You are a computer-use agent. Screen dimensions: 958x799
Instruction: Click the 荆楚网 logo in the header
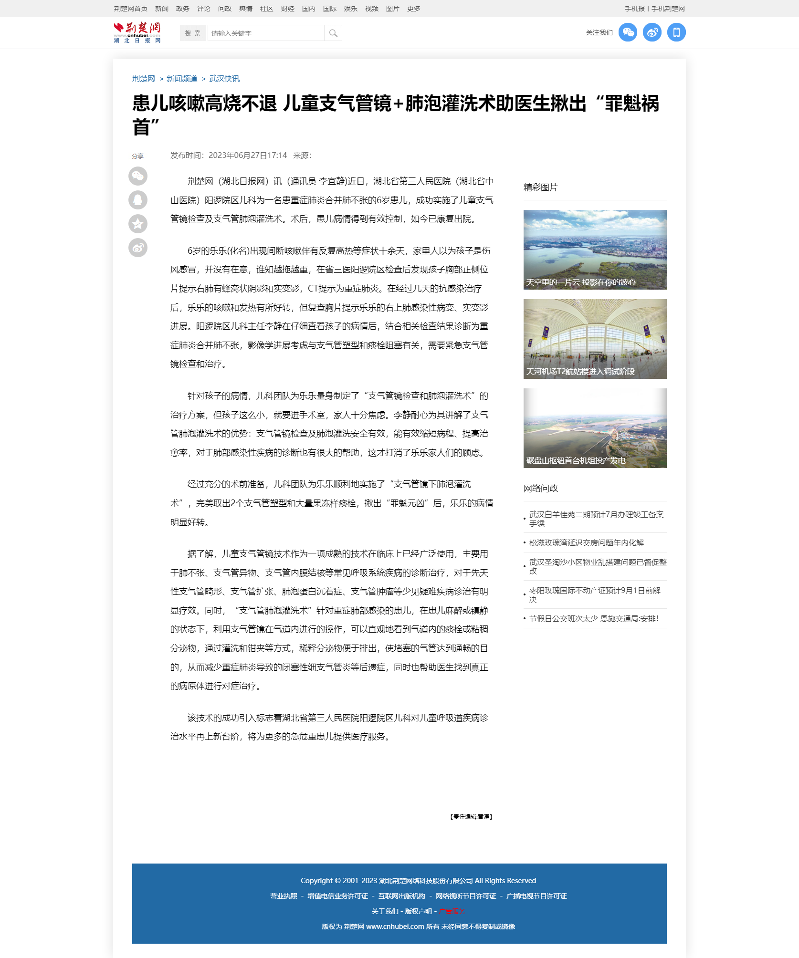137,32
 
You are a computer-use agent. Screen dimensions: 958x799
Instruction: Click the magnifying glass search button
333,33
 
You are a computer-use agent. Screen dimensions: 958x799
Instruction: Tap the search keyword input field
265,33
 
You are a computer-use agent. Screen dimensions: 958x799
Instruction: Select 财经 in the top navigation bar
287,9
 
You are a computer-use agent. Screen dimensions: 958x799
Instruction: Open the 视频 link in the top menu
371,9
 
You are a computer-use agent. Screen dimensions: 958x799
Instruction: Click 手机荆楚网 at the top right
668,9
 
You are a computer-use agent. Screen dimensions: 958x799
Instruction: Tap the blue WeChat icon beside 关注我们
628,32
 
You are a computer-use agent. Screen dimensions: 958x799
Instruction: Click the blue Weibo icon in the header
652,32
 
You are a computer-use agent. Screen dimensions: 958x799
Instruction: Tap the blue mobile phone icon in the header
676,32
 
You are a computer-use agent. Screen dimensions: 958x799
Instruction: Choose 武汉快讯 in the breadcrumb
224,79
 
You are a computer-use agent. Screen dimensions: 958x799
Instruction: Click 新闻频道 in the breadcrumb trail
182,79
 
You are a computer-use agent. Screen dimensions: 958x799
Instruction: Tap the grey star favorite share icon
138,224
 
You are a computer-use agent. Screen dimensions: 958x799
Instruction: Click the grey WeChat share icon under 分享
138,176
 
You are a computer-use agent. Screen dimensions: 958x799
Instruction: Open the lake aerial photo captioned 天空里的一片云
595,250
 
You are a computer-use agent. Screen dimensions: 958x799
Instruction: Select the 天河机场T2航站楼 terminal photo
595,339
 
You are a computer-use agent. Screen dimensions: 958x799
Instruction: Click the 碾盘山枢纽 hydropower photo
595,428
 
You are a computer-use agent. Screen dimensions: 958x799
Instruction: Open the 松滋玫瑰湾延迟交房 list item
586,542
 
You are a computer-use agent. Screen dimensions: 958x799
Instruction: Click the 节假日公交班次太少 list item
594,618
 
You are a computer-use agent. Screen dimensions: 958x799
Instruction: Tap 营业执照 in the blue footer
284,896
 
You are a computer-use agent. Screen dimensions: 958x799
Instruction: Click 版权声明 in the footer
418,911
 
